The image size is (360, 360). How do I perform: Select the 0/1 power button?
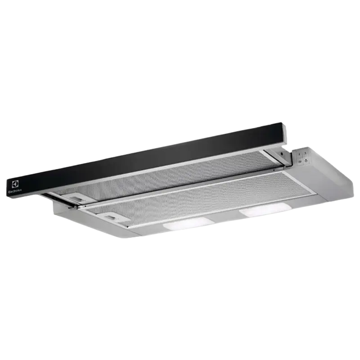pyautogui.click(x=300, y=162)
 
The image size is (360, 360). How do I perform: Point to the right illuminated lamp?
pyautogui.click(x=261, y=209)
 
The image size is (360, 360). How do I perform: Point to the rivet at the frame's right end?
pyautogui.click(x=274, y=171)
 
